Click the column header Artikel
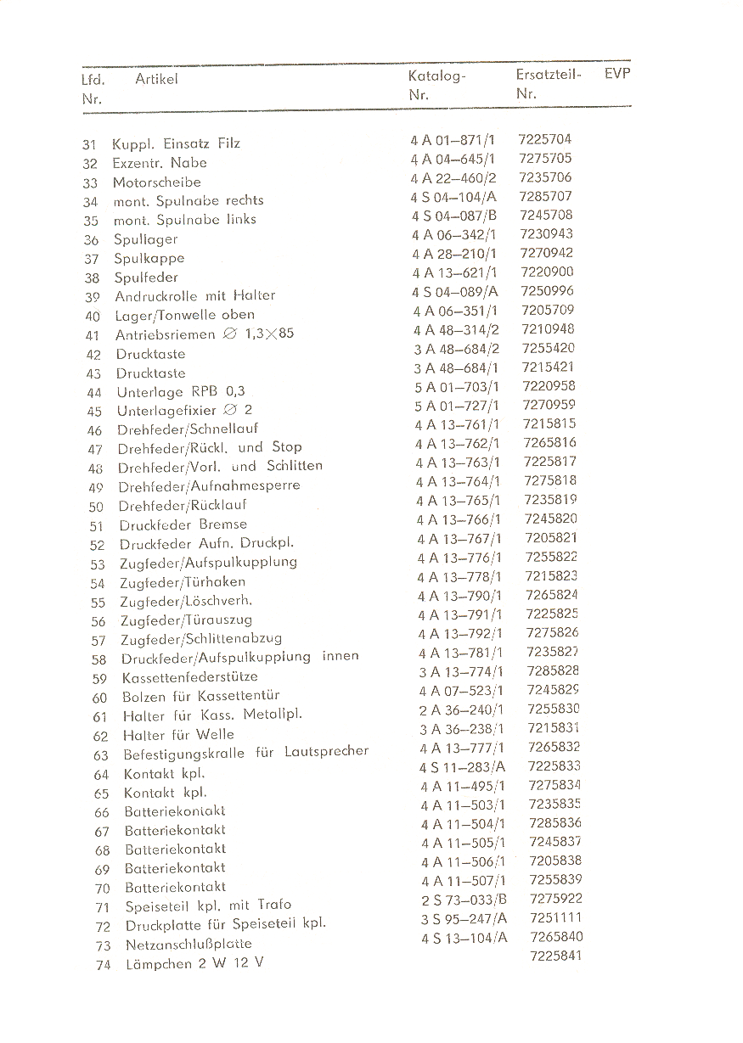pyautogui.click(x=156, y=79)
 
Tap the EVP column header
pyautogui.click(x=617, y=74)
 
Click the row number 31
pyautogui.click(x=90, y=144)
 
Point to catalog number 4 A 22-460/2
pyautogui.click(x=453, y=178)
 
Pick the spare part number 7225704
pyautogui.click(x=545, y=139)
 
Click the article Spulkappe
pyautogui.click(x=149, y=258)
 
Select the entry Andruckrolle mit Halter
pyautogui.click(x=194, y=296)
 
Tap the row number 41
pyautogui.click(x=93, y=335)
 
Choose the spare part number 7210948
pyautogui.click(x=548, y=329)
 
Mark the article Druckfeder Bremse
pyautogui.click(x=183, y=524)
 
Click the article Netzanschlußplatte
pyautogui.click(x=188, y=944)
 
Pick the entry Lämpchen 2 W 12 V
pyautogui.click(x=194, y=963)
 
